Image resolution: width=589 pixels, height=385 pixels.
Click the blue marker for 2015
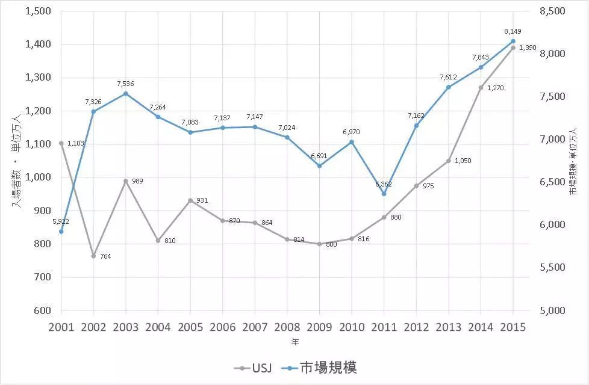coord(513,41)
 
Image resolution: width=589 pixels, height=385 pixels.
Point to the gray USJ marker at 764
coord(93,256)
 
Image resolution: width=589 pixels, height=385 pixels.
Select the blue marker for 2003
coord(126,93)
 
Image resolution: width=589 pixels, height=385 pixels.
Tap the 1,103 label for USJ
coord(75,144)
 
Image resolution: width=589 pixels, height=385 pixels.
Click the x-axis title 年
coord(294,342)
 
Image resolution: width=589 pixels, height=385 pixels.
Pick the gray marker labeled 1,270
coord(481,87)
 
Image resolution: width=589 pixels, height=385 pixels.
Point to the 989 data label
coord(137,181)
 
